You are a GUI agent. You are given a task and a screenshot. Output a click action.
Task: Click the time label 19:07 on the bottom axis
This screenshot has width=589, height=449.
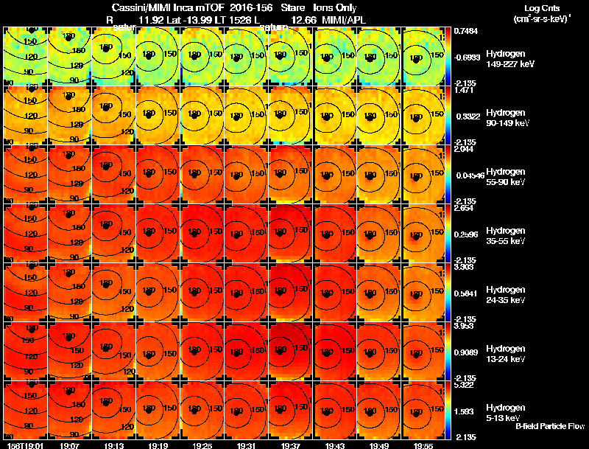click(x=70, y=445)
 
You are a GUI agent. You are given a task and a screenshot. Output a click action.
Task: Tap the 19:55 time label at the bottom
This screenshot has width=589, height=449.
click(x=424, y=445)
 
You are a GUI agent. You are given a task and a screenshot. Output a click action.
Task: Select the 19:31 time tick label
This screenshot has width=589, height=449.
click(x=247, y=445)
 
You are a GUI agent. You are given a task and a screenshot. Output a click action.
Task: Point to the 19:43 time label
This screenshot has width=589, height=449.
click(x=336, y=445)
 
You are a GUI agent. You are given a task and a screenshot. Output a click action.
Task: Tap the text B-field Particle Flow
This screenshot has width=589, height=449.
click(x=550, y=426)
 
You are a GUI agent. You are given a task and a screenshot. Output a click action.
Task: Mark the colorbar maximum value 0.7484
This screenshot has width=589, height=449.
click(x=465, y=31)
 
